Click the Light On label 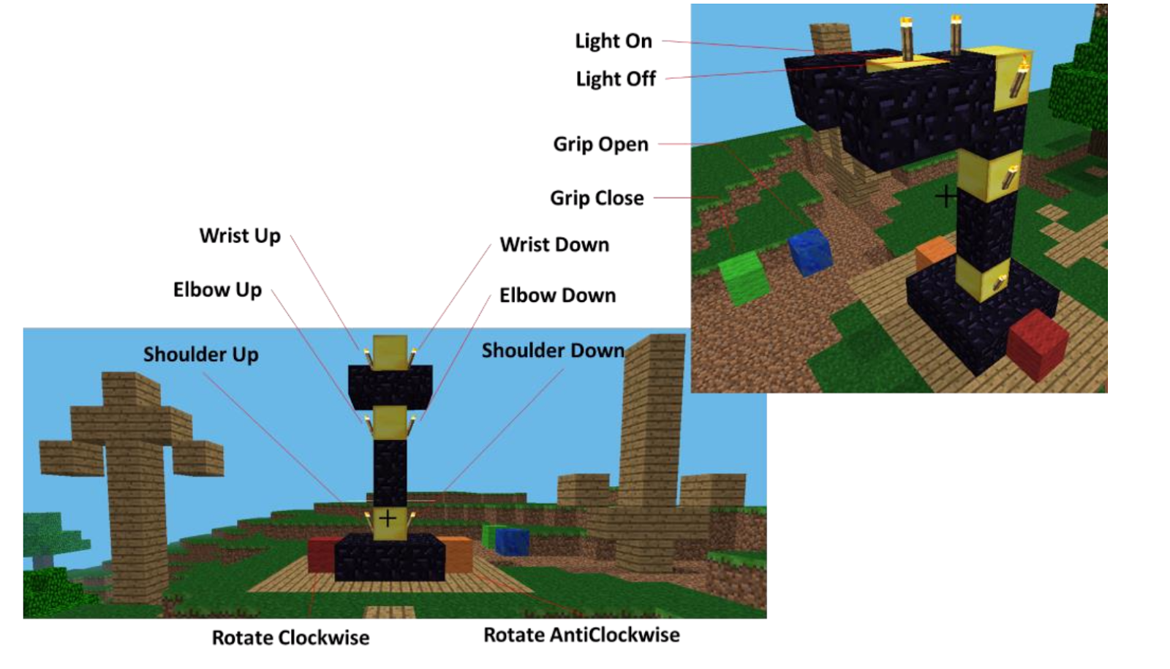[x=613, y=41]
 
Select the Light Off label [x=616, y=79]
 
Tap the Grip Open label [x=600, y=144]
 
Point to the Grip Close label [x=597, y=198]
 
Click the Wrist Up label [x=240, y=236]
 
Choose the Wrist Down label [x=554, y=244]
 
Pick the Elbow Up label [x=217, y=290]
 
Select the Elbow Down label [x=557, y=295]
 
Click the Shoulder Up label [x=200, y=355]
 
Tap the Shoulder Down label [x=553, y=351]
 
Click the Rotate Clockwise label [x=290, y=638]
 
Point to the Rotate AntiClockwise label [x=581, y=635]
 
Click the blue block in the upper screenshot [x=809, y=252]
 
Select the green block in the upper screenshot [x=744, y=279]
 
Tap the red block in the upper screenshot [x=1038, y=344]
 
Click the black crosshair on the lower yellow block [x=388, y=519]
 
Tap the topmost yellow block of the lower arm [x=390, y=351]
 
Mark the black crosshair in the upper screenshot [x=946, y=196]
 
